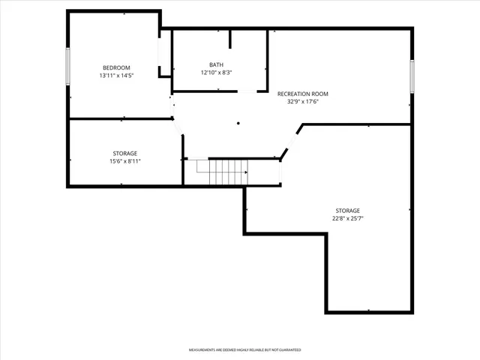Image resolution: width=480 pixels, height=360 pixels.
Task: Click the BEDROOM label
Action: [x=116, y=67]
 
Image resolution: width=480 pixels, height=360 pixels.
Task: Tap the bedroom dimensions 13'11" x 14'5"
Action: [x=116, y=76]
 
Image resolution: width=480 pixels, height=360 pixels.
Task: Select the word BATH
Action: [x=216, y=64]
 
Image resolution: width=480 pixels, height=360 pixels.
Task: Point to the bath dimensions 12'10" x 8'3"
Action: [x=216, y=73]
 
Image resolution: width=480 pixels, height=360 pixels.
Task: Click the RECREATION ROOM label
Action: [x=302, y=94]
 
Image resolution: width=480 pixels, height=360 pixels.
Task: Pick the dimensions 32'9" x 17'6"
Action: [x=302, y=102]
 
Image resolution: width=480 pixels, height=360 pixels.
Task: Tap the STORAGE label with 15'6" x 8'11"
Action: [x=125, y=153]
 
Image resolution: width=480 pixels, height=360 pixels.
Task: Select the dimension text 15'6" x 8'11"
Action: [x=125, y=161]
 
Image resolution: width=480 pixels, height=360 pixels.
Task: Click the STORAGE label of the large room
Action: [x=347, y=210]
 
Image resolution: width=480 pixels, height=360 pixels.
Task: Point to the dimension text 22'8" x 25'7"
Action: [x=347, y=218]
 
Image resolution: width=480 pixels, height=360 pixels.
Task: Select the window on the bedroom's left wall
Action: [x=68, y=66]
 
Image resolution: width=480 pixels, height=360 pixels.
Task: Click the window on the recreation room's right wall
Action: [x=412, y=76]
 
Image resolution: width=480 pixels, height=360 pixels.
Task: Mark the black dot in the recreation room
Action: [x=238, y=123]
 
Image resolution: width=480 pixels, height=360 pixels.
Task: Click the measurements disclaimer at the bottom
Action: [x=244, y=350]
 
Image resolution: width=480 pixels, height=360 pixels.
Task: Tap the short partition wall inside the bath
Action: [x=230, y=39]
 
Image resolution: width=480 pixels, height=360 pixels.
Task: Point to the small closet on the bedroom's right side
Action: [x=164, y=54]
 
